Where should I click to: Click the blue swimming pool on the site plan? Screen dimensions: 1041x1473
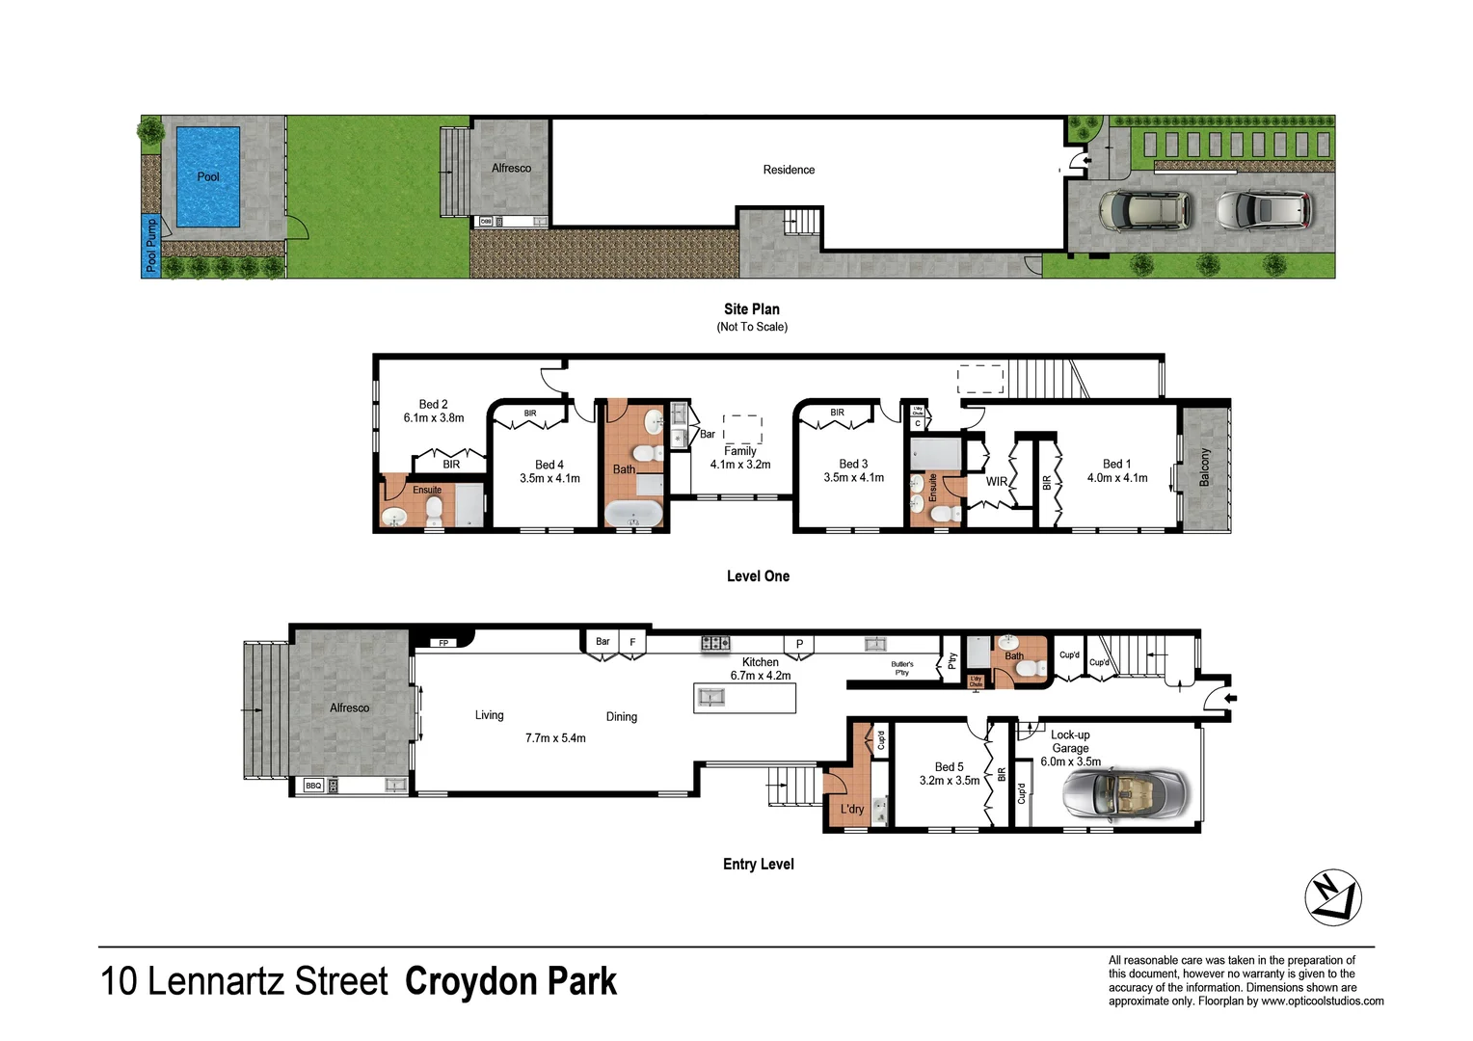(x=207, y=176)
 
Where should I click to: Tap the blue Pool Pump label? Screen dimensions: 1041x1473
(x=150, y=245)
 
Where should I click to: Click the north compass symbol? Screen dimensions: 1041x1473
(x=1332, y=897)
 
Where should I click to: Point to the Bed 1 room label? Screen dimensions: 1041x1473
(x=1116, y=465)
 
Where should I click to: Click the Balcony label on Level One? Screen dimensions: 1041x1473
(x=1204, y=467)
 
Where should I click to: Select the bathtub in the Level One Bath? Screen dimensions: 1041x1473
(x=633, y=514)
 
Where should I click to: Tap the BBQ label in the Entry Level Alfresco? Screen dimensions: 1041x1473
(x=313, y=786)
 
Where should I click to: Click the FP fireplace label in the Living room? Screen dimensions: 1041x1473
(x=443, y=643)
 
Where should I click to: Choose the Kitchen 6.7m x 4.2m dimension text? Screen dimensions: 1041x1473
(x=760, y=676)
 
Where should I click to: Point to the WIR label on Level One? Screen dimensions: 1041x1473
(x=996, y=482)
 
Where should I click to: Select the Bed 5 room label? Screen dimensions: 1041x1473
(x=949, y=767)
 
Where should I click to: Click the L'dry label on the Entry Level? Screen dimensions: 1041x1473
(x=851, y=809)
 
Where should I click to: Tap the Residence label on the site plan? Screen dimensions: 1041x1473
(x=789, y=170)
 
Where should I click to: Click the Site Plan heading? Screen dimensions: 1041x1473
(x=751, y=309)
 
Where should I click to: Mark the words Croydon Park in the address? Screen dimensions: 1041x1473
(x=510, y=981)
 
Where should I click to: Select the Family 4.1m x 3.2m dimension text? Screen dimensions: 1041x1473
(x=739, y=465)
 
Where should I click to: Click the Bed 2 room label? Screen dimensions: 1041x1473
(x=433, y=405)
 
